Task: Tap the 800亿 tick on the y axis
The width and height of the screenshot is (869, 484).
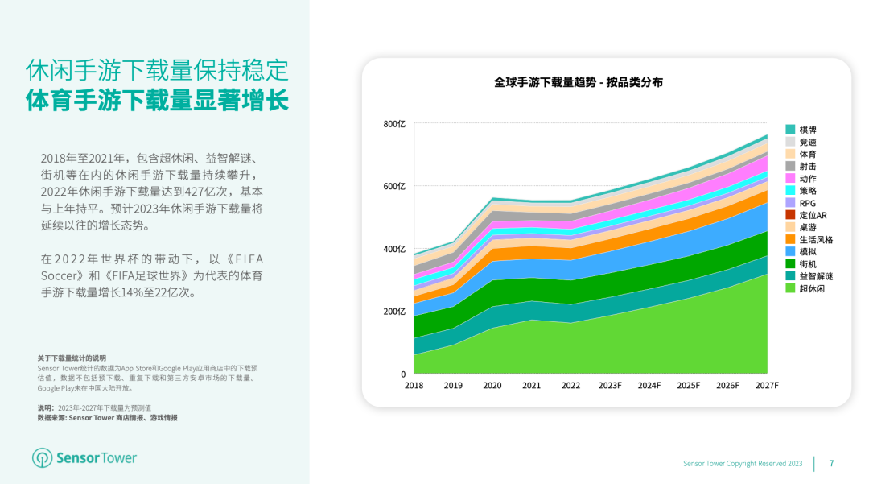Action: [x=394, y=124]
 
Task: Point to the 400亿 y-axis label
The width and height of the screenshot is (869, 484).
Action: [x=394, y=249]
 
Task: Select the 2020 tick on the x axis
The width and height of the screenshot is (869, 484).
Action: [x=492, y=386]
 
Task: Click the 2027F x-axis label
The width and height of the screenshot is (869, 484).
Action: [x=766, y=386]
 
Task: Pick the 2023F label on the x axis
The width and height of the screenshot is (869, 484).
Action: [x=610, y=386]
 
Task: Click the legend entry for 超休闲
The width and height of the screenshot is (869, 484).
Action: [x=812, y=288]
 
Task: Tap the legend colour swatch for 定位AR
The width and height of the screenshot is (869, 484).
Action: [x=790, y=215]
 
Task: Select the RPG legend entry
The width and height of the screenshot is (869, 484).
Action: [x=807, y=203]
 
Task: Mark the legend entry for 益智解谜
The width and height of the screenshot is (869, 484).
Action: [x=816, y=276]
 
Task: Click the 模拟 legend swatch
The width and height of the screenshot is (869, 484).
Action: [x=790, y=251]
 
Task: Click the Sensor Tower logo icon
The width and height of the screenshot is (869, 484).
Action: [x=42, y=458]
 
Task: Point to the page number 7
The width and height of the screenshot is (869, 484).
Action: [x=831, y=463]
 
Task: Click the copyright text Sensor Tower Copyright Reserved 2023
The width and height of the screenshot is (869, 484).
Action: [x=743, y=464]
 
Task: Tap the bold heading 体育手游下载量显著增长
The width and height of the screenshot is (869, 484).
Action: [x=157, y=101]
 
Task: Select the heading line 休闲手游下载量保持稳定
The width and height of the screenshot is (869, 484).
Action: [x=157, y=70]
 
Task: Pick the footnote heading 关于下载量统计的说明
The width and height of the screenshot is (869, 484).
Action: [x=72, y=358]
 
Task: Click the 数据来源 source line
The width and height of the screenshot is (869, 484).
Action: [x=107, y=418]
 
